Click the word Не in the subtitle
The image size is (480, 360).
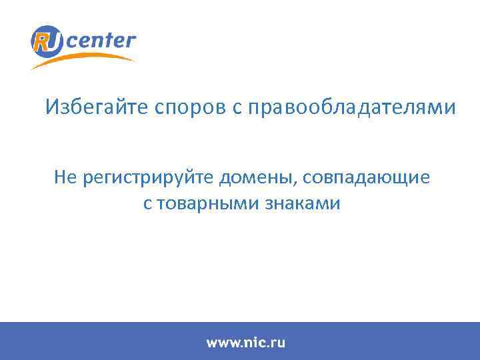click(67, 178)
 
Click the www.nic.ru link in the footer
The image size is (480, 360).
click(245, 343)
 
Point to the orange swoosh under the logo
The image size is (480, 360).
click(93, 58)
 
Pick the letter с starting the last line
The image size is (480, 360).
click(147, 205)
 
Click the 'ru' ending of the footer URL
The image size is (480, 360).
click(278, 343)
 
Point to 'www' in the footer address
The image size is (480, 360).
click(222, 343)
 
